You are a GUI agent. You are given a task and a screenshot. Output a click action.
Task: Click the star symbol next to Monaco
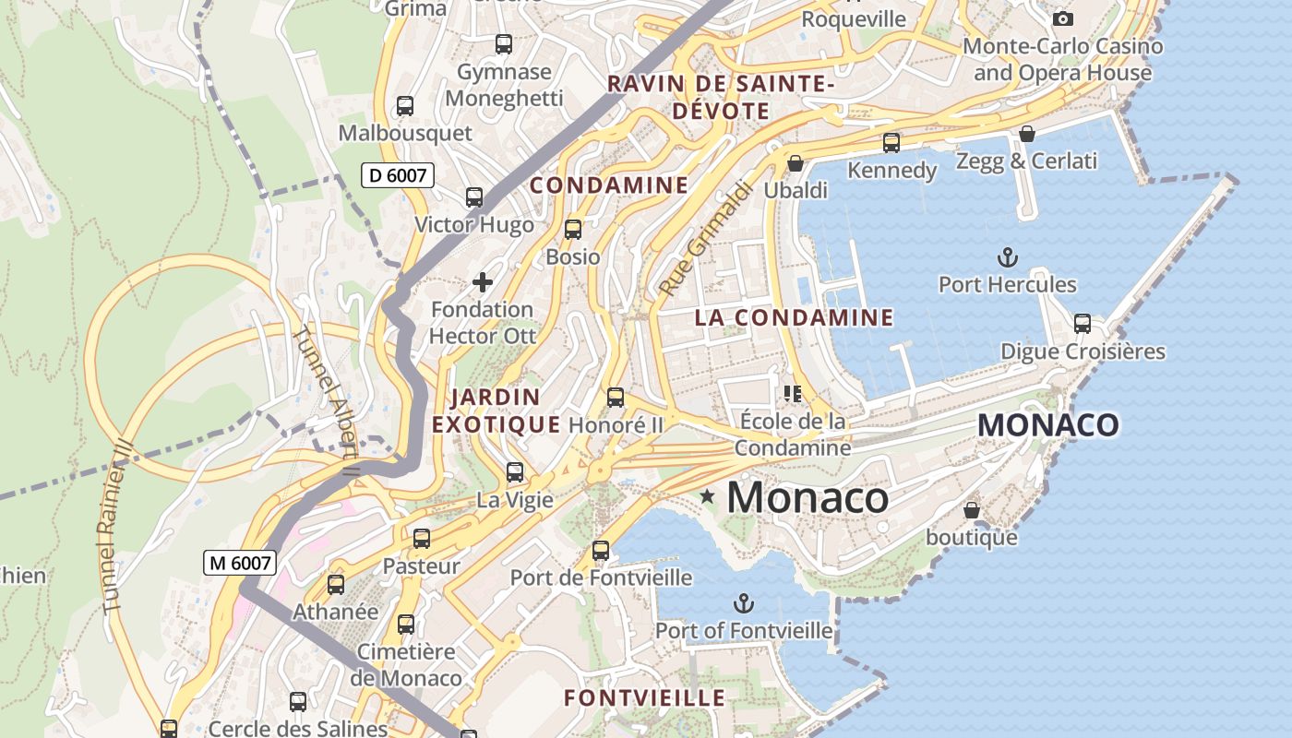[708, 497]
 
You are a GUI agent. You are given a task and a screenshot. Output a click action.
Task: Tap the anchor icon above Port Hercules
[1007, 257]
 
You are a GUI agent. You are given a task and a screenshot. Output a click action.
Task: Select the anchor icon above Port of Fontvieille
[743, 604]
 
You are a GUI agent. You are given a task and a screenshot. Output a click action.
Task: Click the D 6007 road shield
[398, 174]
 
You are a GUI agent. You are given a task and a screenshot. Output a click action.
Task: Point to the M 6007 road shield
[240, 562]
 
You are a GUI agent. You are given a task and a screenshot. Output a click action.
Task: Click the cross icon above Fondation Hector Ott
[482, 282]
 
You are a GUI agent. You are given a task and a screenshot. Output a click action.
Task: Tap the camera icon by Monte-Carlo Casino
[1063, 18]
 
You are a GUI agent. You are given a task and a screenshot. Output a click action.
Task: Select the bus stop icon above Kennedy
[891, 143]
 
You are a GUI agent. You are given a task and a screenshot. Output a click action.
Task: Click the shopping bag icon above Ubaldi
[795, 163]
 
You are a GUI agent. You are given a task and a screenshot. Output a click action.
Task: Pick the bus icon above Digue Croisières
[1082, 324]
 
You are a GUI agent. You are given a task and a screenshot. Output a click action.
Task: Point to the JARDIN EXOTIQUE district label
[496, 411]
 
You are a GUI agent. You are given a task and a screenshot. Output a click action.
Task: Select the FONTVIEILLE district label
[644, 697]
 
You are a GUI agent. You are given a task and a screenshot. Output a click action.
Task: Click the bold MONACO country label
[1048, 425]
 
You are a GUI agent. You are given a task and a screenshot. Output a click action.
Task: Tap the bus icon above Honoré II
[615, 398]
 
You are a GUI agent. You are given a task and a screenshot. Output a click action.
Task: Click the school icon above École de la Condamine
[792, 394]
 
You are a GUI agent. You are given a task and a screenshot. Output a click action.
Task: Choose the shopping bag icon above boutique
[971, 510]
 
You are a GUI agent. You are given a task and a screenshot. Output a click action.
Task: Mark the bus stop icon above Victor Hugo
[473, 197]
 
